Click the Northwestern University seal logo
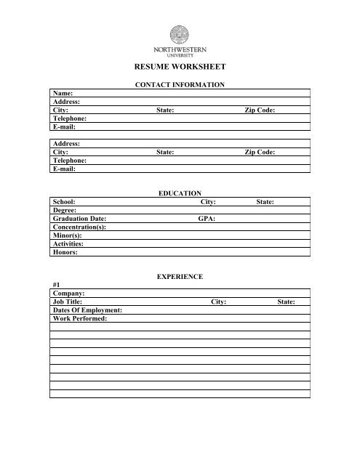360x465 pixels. [x=180, y=35]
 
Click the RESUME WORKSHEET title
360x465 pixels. [x=180, y=67]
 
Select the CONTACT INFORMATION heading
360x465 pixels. [x=180, y=85]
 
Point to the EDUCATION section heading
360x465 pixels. [x=180, y=195]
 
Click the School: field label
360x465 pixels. [x=65, y=203]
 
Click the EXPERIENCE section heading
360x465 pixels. [x=180, y=277]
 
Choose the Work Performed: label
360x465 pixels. [x=80, y=319]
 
